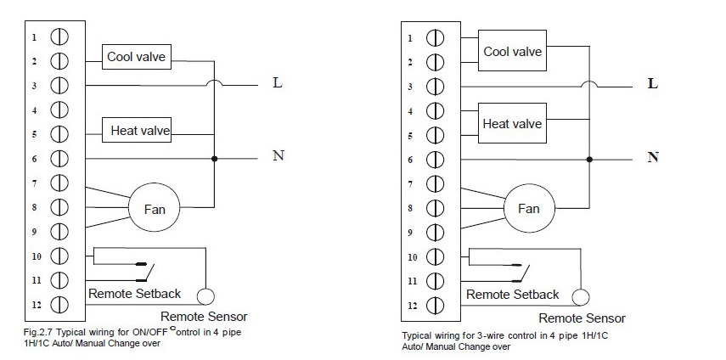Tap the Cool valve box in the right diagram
[x=512, y=52]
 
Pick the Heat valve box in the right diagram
[x=512, y=124]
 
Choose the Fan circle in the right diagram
[x=528, y=208]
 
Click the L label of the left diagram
[x=277, y=83]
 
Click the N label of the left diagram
[x=277, y=157]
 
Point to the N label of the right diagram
[x=653, y=157]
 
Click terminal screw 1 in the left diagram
[x=60, y=37]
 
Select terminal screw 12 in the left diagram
[x=60, y=305]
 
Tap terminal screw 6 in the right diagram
[x=435, y=160]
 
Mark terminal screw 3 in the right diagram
[x=435, y=86]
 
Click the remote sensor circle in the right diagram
[x=580, y=297]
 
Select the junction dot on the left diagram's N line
[x=213, y=159]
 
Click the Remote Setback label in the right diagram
[x=513, y=295]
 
